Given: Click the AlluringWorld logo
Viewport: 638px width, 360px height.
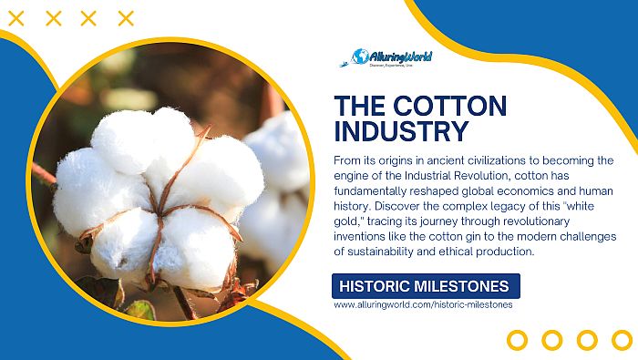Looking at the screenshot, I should pos(392,57).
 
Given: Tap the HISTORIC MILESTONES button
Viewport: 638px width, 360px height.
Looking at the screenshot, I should pos(427,285).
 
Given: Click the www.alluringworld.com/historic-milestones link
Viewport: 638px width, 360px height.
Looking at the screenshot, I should pos(423,304).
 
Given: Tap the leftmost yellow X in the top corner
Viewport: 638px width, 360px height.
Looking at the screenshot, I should pos(16,17).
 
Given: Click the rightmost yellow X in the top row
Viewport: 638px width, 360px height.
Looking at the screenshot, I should pos(126,17).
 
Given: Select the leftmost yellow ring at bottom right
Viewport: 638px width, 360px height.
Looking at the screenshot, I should pos(517,340).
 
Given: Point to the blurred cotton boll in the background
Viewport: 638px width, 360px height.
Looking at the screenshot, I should pos(273,173).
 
